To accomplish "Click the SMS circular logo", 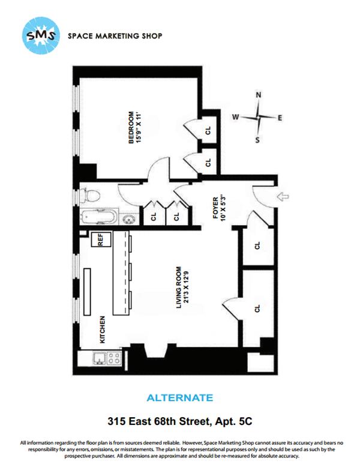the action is coord(41,35).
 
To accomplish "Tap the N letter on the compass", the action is coord(259,95).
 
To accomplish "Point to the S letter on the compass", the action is coord(259,140).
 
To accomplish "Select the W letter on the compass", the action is coord(236,118).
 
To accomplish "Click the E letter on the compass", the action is coord(280,118).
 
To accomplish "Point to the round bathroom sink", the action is coord(128,218).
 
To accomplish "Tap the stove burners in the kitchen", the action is coord(115,360).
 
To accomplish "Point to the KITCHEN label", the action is coord(103,330).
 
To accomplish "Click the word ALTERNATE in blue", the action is coord(179,397).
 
